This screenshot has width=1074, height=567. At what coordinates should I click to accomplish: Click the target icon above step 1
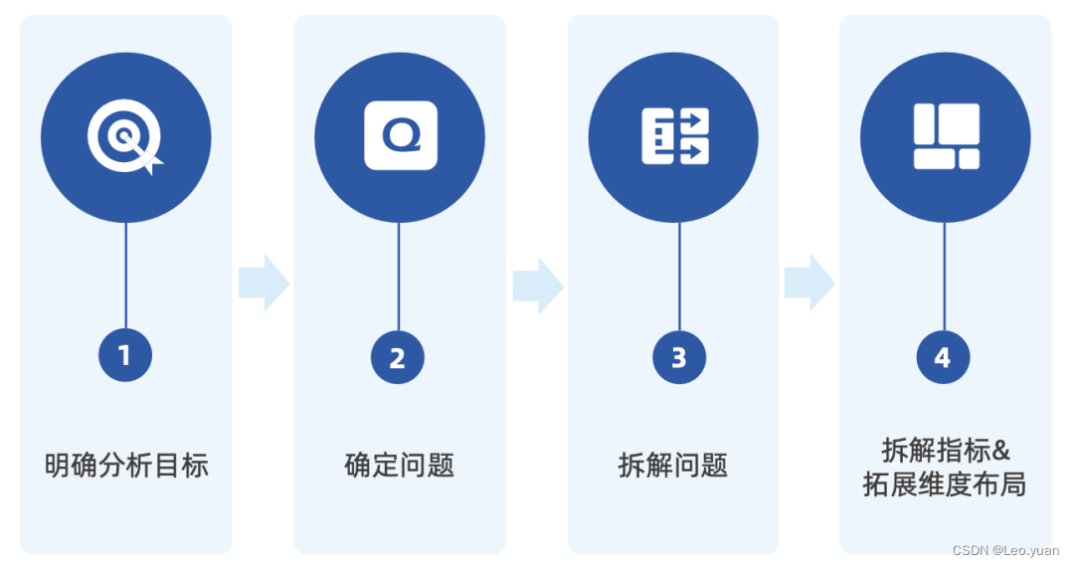click(125, 137)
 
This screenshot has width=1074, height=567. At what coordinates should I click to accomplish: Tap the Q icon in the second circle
click(400, 135)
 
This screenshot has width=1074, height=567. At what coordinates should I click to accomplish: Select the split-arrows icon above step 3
click(674, 136)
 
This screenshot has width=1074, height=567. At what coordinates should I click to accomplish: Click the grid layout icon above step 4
click(946, 136)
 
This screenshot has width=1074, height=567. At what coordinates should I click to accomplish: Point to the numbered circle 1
click(125, 355)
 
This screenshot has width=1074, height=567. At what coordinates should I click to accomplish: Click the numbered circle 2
click(398, 357)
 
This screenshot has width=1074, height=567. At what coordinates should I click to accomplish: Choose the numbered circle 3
click(679, 357)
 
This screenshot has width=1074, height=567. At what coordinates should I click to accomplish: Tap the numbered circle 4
click(943, 357)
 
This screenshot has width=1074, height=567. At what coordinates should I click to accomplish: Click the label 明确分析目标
click(126, 465)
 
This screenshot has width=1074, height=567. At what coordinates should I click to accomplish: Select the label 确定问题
click(400, 465)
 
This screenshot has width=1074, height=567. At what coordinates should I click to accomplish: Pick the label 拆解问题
click(673, 465)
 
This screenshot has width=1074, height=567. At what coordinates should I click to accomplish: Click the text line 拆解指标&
click(946, 450)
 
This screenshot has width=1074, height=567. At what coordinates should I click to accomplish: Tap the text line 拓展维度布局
click(945, 484)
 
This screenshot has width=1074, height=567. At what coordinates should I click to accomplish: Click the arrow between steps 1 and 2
click(264, 283)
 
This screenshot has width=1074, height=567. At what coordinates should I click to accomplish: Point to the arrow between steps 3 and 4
click(809, 283)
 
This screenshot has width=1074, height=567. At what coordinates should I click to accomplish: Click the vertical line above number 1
click(125, 277)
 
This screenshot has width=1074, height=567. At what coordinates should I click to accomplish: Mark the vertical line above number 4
click(944, 278)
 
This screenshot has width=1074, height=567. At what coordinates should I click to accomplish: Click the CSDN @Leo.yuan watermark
click(1005, 550)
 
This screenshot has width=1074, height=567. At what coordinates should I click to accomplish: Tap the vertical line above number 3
click(679, 278)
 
